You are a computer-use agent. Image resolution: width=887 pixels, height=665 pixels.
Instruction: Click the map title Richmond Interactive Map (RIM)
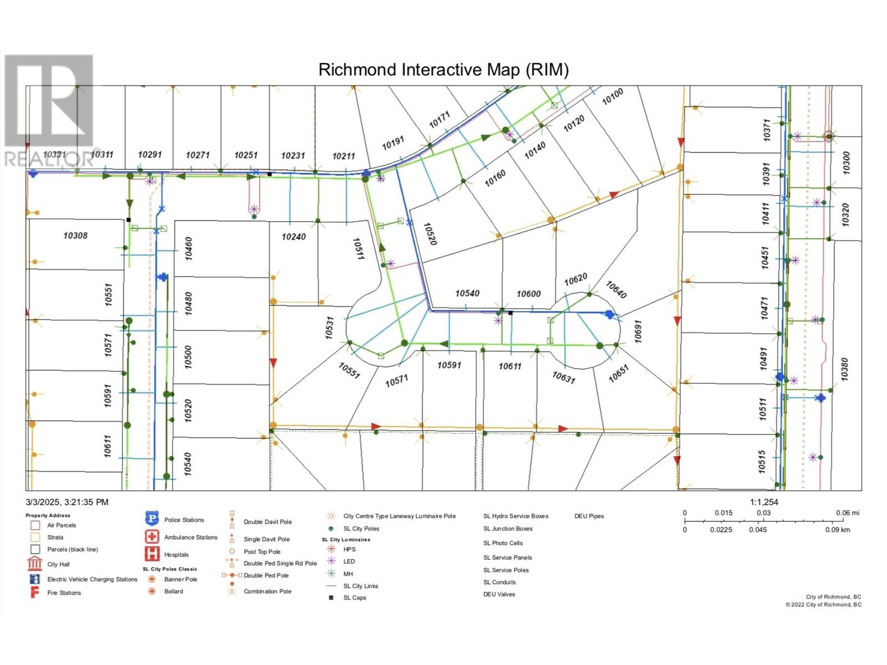[x=443, y=70]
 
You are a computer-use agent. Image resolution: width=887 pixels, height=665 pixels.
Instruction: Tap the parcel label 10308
[x=75, y=236]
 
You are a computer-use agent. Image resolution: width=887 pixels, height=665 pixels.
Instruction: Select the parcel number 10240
[x=293, y=237]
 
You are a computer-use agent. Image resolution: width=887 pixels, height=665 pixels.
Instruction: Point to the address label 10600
[x=528, y=294]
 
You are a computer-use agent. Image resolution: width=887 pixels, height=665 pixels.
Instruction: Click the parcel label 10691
[x=638, y=331]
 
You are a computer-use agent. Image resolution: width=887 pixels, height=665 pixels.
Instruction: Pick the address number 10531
[x=330, y=328]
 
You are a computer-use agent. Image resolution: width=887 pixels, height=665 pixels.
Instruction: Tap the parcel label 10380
[x=844, y=369]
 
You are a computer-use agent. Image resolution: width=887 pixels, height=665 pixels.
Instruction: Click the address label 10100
[x=613, y=96]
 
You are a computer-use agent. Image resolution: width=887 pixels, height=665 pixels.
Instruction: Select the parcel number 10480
[x=188, y=304]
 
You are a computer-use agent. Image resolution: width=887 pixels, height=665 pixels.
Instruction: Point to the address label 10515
[x=762, y=462]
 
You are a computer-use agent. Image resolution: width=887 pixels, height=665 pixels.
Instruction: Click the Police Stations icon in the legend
[x=151, y=519]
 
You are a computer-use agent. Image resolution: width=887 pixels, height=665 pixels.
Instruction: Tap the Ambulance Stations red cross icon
[x=151, y=536]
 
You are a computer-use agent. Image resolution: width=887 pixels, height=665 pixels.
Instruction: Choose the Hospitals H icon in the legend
[x=151, y=554]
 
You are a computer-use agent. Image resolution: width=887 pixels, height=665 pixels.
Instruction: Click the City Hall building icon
[x=34, y=564]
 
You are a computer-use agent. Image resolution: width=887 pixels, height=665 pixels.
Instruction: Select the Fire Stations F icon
[x=34, y=592]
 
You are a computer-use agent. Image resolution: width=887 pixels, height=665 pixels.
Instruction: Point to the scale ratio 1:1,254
[x=764, y=502]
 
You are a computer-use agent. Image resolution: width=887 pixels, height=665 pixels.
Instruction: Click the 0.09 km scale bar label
[x=837, y=530]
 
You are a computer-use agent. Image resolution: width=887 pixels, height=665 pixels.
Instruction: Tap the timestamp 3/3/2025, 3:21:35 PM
[x=67, y=502]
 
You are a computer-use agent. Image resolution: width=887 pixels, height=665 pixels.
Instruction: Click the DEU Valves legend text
[x=499, y=594]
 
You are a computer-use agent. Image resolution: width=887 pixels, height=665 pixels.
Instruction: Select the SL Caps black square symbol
[x=331, y=597]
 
